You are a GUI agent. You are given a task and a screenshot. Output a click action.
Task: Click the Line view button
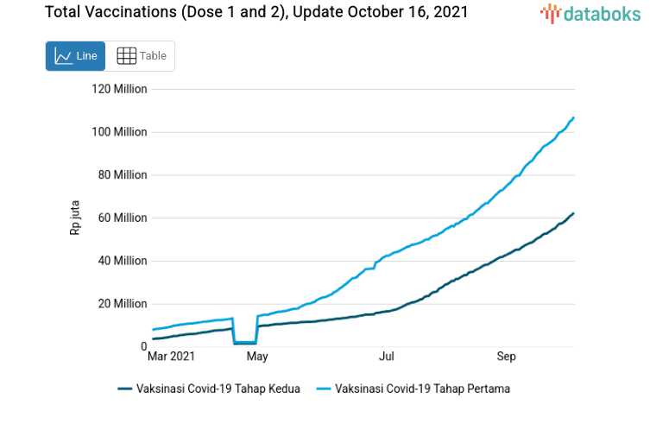pyautogui.click(x=75, y=56)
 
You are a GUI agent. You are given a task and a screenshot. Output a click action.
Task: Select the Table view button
pyautogui.click(x=141, y=56)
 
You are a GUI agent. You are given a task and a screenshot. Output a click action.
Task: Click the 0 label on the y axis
pyautogui.click(x=143, y=346)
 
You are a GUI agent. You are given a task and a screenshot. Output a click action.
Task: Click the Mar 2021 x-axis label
pyautogui.click(x=171, y=356)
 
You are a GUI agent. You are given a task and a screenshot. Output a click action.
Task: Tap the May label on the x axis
pyautogui.click(x=256, y=356)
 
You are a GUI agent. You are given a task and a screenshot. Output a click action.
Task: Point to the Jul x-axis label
pyautogui.click(x=386, y=356)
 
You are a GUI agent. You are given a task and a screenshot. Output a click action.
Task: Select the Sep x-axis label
pyautogui.click(x=506, y=356)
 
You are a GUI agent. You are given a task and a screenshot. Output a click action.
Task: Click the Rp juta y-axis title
pyautogui.click(x=75, y=218)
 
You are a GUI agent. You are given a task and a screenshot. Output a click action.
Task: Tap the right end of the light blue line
pyautogui.click(x=574, y=117)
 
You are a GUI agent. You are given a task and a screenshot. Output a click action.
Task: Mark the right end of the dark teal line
pyautogui.click(x=574, y=213)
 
